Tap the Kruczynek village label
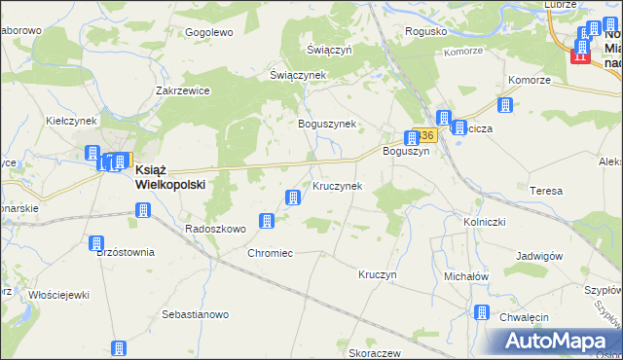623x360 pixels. pos(338,185)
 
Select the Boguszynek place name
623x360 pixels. pos(327,124)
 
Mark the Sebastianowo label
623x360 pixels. pos(195,314)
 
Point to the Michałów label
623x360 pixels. pos(465,276)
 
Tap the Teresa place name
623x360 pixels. pos(546,191)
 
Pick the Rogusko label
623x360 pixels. pos(426,31)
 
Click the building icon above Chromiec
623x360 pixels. pos(265,222)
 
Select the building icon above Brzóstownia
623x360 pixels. pos(96,243)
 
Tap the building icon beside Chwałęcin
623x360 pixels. pos(481,312)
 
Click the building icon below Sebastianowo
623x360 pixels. pos(119,348)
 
